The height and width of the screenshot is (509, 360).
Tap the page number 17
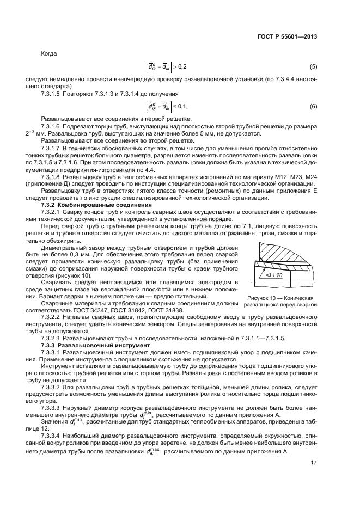coord(314,463)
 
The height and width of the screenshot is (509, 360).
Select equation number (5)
coord(313,67)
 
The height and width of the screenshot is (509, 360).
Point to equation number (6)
coord(313,106)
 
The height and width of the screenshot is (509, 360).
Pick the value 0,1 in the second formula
coord(181,106)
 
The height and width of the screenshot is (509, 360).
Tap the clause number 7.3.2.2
coord(53,316)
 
